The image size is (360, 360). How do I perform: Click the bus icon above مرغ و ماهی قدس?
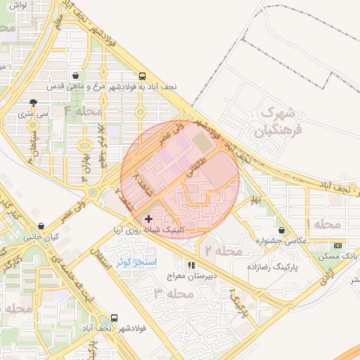(143, 77)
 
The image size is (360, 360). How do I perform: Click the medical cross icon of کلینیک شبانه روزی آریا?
(148, 219)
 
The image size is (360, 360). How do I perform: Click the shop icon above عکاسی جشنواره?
(282, 230)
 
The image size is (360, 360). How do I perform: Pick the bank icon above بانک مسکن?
(338, 245)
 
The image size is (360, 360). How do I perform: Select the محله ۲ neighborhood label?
(223, 250)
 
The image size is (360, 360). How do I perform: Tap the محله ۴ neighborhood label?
(84, 111)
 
